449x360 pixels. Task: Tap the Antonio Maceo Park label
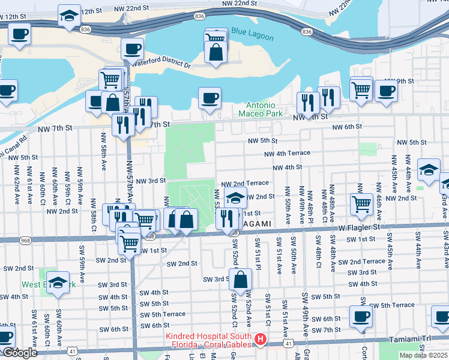pos(260,108)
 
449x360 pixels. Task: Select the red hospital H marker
pos(260,340)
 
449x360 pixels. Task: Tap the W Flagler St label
pos(359,227)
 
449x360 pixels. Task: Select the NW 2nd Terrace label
pos(245,183)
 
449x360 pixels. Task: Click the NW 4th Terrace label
pos(289,153)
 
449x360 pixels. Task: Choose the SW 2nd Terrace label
pos(361,262)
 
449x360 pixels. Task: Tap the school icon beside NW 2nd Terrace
pos(236,197)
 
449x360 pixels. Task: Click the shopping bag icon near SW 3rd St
pos(240,280)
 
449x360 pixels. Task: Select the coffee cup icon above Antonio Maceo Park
pos(209,98)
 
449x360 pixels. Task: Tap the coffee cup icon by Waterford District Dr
pos(132,49)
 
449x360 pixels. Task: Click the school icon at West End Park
pos(58,282)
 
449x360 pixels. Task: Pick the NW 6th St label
pos(348,127)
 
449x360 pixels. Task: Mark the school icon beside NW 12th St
pos(70,16)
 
